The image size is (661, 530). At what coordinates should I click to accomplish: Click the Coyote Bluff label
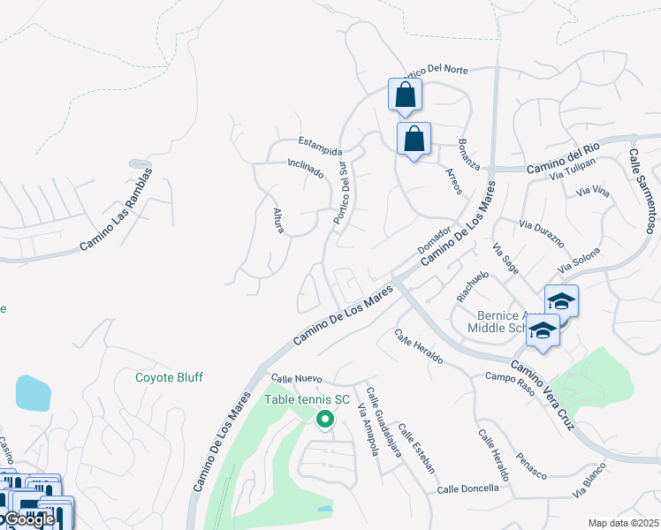pos(169,377)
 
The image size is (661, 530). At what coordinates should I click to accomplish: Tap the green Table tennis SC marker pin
pos(324,420)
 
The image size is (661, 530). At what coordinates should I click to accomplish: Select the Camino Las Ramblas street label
pos(116,208)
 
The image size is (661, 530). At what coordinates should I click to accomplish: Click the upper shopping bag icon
pos(405,95)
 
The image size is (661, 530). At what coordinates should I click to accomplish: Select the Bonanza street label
pos(468,154)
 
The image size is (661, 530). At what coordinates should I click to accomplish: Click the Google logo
pos(29,519)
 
